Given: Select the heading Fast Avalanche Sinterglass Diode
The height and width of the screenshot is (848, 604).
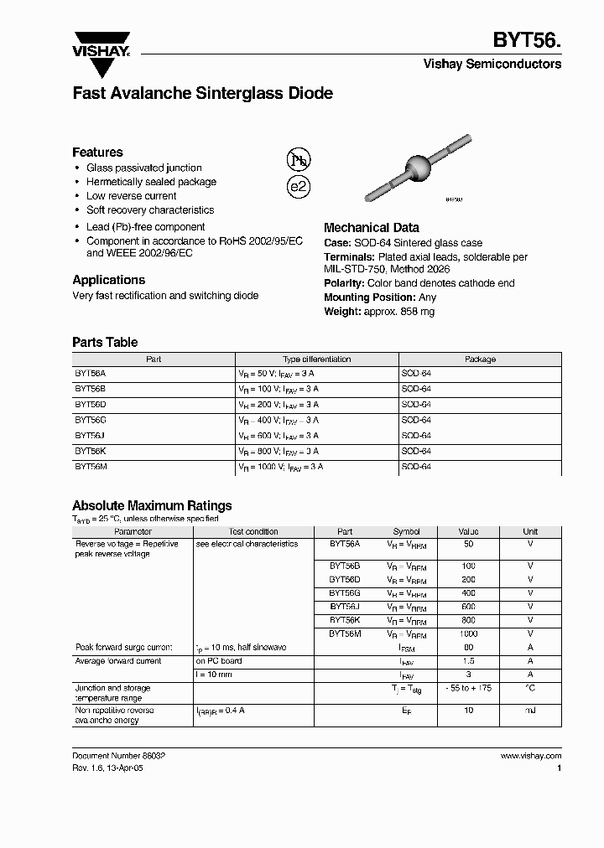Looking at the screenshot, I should coord(202,93).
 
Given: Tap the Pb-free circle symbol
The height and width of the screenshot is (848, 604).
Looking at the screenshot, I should coord(299,160).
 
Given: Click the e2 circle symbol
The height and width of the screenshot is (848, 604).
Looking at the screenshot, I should coord(299,187).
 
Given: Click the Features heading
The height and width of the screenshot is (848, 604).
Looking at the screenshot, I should coord(97,152).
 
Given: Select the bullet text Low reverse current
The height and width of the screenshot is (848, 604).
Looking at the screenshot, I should coord(132,196).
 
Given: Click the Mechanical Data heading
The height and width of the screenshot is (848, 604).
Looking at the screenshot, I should coord(372,227).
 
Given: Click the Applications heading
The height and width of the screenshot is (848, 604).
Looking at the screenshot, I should coord(108,280).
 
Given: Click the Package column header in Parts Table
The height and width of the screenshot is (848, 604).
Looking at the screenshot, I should coord(480,359).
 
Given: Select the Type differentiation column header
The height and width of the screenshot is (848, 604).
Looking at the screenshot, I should coord(316,359).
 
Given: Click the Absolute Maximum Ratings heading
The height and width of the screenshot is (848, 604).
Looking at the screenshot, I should coord(152,505).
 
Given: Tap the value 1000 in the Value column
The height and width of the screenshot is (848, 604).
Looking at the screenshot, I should coord(468,634).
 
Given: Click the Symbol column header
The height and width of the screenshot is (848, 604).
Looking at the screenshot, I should coord(406,531).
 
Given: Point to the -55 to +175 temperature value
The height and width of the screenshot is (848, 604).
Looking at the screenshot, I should coord(468,688).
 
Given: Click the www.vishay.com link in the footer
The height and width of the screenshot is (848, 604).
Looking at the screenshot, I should coord(530,756).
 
